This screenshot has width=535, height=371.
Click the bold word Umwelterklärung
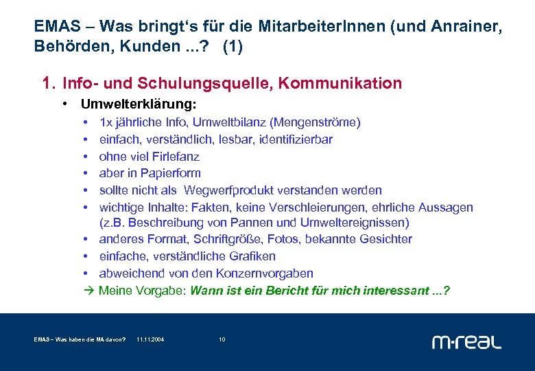[138, 105]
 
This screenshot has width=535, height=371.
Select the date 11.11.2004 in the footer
[150, 340]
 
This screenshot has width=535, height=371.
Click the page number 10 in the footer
[222, 340]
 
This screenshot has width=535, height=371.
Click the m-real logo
[466, 341]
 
